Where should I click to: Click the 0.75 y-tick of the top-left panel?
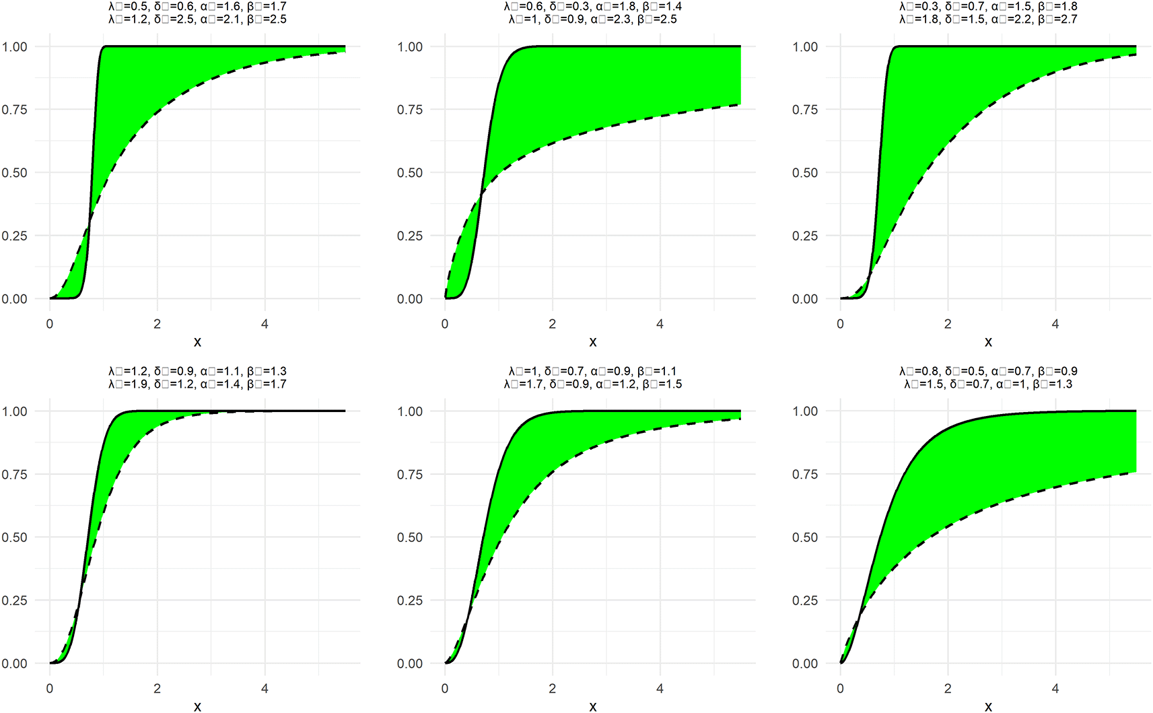tap(14, 110)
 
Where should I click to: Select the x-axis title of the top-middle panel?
tap(592, 342)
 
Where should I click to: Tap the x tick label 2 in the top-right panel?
tap(948, 324)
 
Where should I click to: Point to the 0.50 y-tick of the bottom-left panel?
tap(14, 537)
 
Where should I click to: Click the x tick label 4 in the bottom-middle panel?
tap(660, 689)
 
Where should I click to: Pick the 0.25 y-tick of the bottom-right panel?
tap(805, 601)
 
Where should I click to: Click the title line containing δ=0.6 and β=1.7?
tap(197, 7)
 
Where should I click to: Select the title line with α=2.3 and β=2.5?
tap(592, 20)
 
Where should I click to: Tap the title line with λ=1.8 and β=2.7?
tap(987, 20)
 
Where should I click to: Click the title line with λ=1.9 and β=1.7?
tap(197, 384)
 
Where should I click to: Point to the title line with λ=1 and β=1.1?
tap(592, 371)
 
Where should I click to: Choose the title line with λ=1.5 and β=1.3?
tap(987, 384)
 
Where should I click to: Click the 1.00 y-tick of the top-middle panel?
tap(410, 47)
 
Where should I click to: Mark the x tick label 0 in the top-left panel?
tap(50, 324)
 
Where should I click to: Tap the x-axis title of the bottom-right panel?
tap(987, 706)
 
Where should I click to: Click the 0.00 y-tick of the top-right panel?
tap(805, 299)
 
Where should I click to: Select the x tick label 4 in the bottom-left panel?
tap(265, 689)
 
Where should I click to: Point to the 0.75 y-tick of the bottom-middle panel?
tap(410, 475)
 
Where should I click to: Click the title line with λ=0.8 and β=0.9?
tap(987, 371)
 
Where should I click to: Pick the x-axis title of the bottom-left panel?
tap(197, 706)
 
